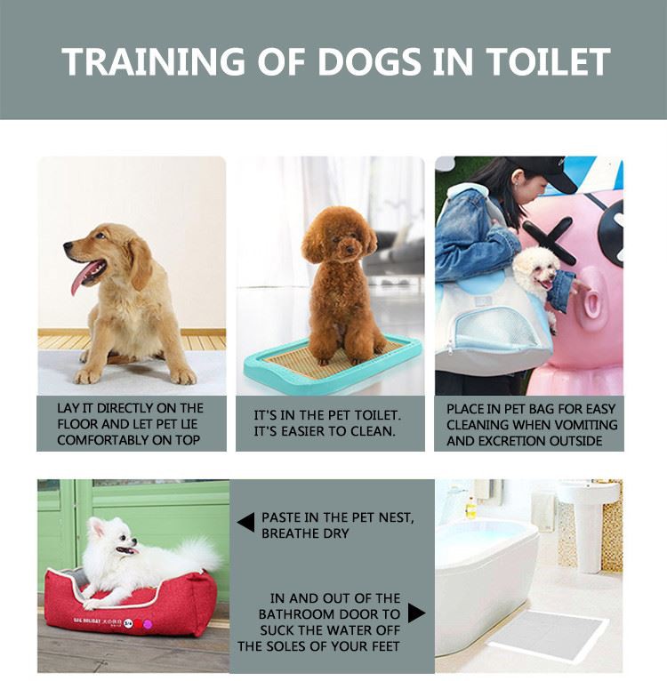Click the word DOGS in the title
(370, 61)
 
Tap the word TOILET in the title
(549, 61)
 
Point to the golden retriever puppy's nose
(68, 245)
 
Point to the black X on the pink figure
(550, 240)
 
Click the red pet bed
(131, 604)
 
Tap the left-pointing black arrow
(246, 522)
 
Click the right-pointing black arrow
(416, 613)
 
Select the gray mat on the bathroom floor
(549, 635)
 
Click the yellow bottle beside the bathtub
(470, 509)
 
